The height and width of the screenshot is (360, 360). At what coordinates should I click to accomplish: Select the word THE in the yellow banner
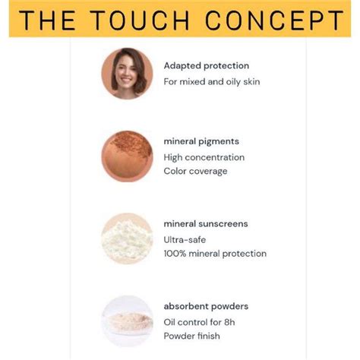pyautogui.click(x=49, y=20)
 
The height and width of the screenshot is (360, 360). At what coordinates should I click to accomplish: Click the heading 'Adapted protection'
pyautogui.click(x=206, y=66)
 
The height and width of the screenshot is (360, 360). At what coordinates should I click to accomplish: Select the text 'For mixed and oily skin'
pyautogui.click(x=212, y=81)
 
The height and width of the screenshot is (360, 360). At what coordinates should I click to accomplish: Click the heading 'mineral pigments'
pyautogui.click(x=201, y=141)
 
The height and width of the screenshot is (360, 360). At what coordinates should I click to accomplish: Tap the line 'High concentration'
pyautogui.click(x=204, y=157)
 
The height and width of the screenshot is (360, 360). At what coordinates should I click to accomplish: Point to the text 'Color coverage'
pyautogui.click(x=195, y=171)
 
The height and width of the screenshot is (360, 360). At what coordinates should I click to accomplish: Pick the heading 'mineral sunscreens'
pyautogui.click(x=205, y=224)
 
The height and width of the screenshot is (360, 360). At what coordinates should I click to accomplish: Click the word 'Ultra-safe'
pyautogui.click(x=185, y=239)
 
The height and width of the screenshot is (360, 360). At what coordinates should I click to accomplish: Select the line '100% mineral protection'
pyautogui.click(x=215, y=253)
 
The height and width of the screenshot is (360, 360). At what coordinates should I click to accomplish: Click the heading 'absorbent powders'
pyautogui.click(x=206, y=306)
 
